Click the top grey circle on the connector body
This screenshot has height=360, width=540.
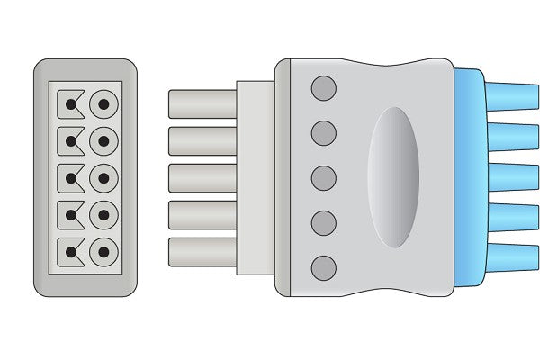coord(323,88)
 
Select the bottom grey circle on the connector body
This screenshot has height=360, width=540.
coord(323,267)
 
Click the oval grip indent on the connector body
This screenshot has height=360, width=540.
coord(393,177)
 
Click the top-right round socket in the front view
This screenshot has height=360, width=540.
coord(105,104)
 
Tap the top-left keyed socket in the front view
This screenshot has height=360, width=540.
coord(70,104)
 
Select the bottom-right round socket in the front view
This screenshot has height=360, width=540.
coord(105,251)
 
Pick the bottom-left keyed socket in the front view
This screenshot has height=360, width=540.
coord(70,251)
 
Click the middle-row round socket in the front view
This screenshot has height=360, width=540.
coord(105,178)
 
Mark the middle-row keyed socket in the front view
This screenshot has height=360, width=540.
coord(70,178)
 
